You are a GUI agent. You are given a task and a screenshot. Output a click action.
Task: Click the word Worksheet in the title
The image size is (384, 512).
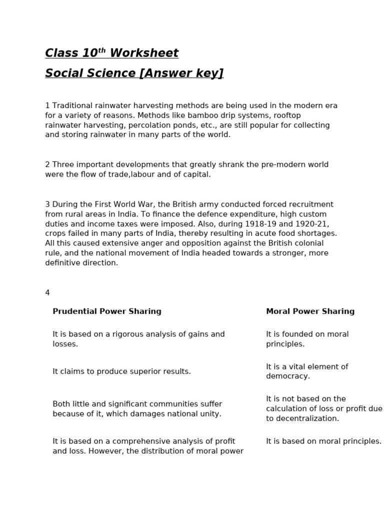[x=144, y=53]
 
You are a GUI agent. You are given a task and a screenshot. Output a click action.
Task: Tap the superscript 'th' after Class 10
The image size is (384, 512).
[x=101, y=50]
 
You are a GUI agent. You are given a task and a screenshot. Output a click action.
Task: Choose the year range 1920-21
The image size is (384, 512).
[x=312, y=224]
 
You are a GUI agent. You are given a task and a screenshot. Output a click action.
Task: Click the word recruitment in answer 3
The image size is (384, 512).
[x=312, y=204]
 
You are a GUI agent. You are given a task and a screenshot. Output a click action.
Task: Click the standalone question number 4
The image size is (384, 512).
[x=47, y=292]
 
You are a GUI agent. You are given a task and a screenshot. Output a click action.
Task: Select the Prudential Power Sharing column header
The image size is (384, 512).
[x=107, y=311]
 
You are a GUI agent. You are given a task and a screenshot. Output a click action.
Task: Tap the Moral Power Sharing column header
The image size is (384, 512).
[x=310, y=311]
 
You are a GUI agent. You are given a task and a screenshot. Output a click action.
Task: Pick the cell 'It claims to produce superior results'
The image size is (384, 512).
[x=121, y=371]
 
